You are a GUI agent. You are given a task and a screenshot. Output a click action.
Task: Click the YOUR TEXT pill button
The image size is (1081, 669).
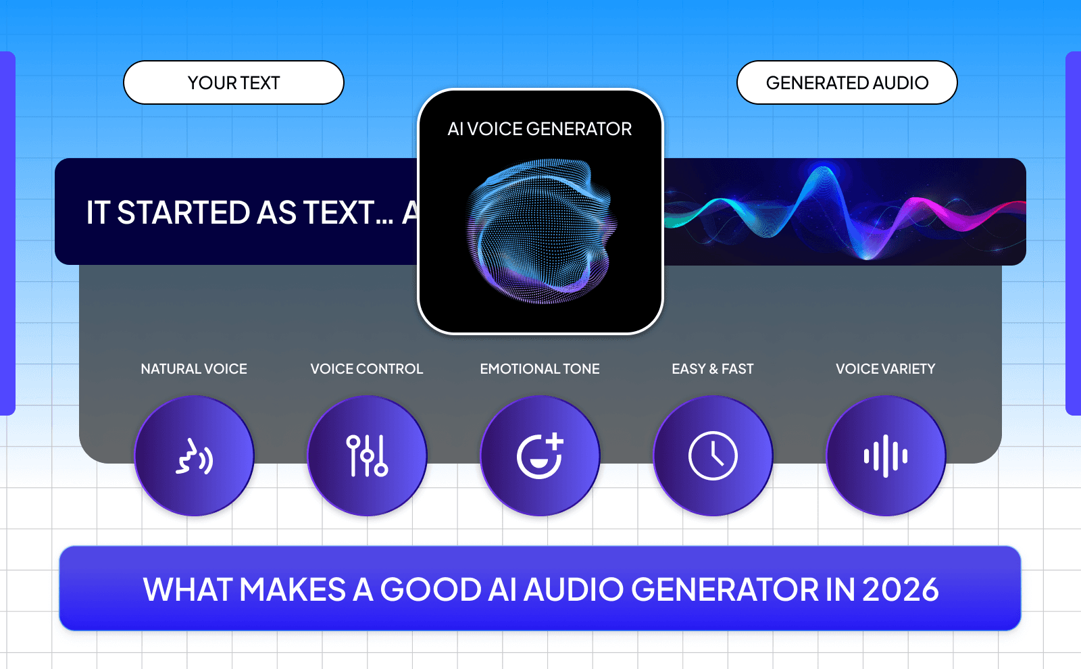click(233, 82)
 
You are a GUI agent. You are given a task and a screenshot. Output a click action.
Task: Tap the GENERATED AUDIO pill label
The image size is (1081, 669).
click(847, 82)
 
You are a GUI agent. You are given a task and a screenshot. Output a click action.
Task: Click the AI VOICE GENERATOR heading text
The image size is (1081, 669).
click(539, 128)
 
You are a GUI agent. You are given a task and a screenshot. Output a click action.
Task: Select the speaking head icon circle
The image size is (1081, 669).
click(194, 456)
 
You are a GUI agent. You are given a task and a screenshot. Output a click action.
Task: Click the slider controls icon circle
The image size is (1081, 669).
click(367, 456)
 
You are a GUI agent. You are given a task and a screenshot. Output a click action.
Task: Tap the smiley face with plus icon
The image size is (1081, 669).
click(540, 456)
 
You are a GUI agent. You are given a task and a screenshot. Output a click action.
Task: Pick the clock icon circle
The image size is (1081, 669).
click(713, 456)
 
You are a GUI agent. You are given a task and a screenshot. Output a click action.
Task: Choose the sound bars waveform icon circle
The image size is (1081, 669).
click(886, 456)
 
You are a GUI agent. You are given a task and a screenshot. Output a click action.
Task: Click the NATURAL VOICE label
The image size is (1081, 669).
click(194, 369)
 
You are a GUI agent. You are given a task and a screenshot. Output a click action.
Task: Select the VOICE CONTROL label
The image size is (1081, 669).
click(367, 369)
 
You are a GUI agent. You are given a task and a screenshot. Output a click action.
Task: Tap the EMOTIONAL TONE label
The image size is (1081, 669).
click(540, 369)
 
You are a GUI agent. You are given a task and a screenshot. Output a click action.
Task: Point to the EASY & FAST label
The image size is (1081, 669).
click(713, 369)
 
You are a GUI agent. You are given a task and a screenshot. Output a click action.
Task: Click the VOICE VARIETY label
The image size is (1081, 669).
click(886, 369)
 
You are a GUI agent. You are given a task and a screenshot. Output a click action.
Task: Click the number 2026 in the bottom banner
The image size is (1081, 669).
click(900, 589)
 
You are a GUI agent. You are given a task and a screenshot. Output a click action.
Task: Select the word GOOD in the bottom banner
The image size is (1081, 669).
click(430, 589)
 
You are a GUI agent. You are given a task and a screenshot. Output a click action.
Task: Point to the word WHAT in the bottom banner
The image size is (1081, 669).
click(188, 589)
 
